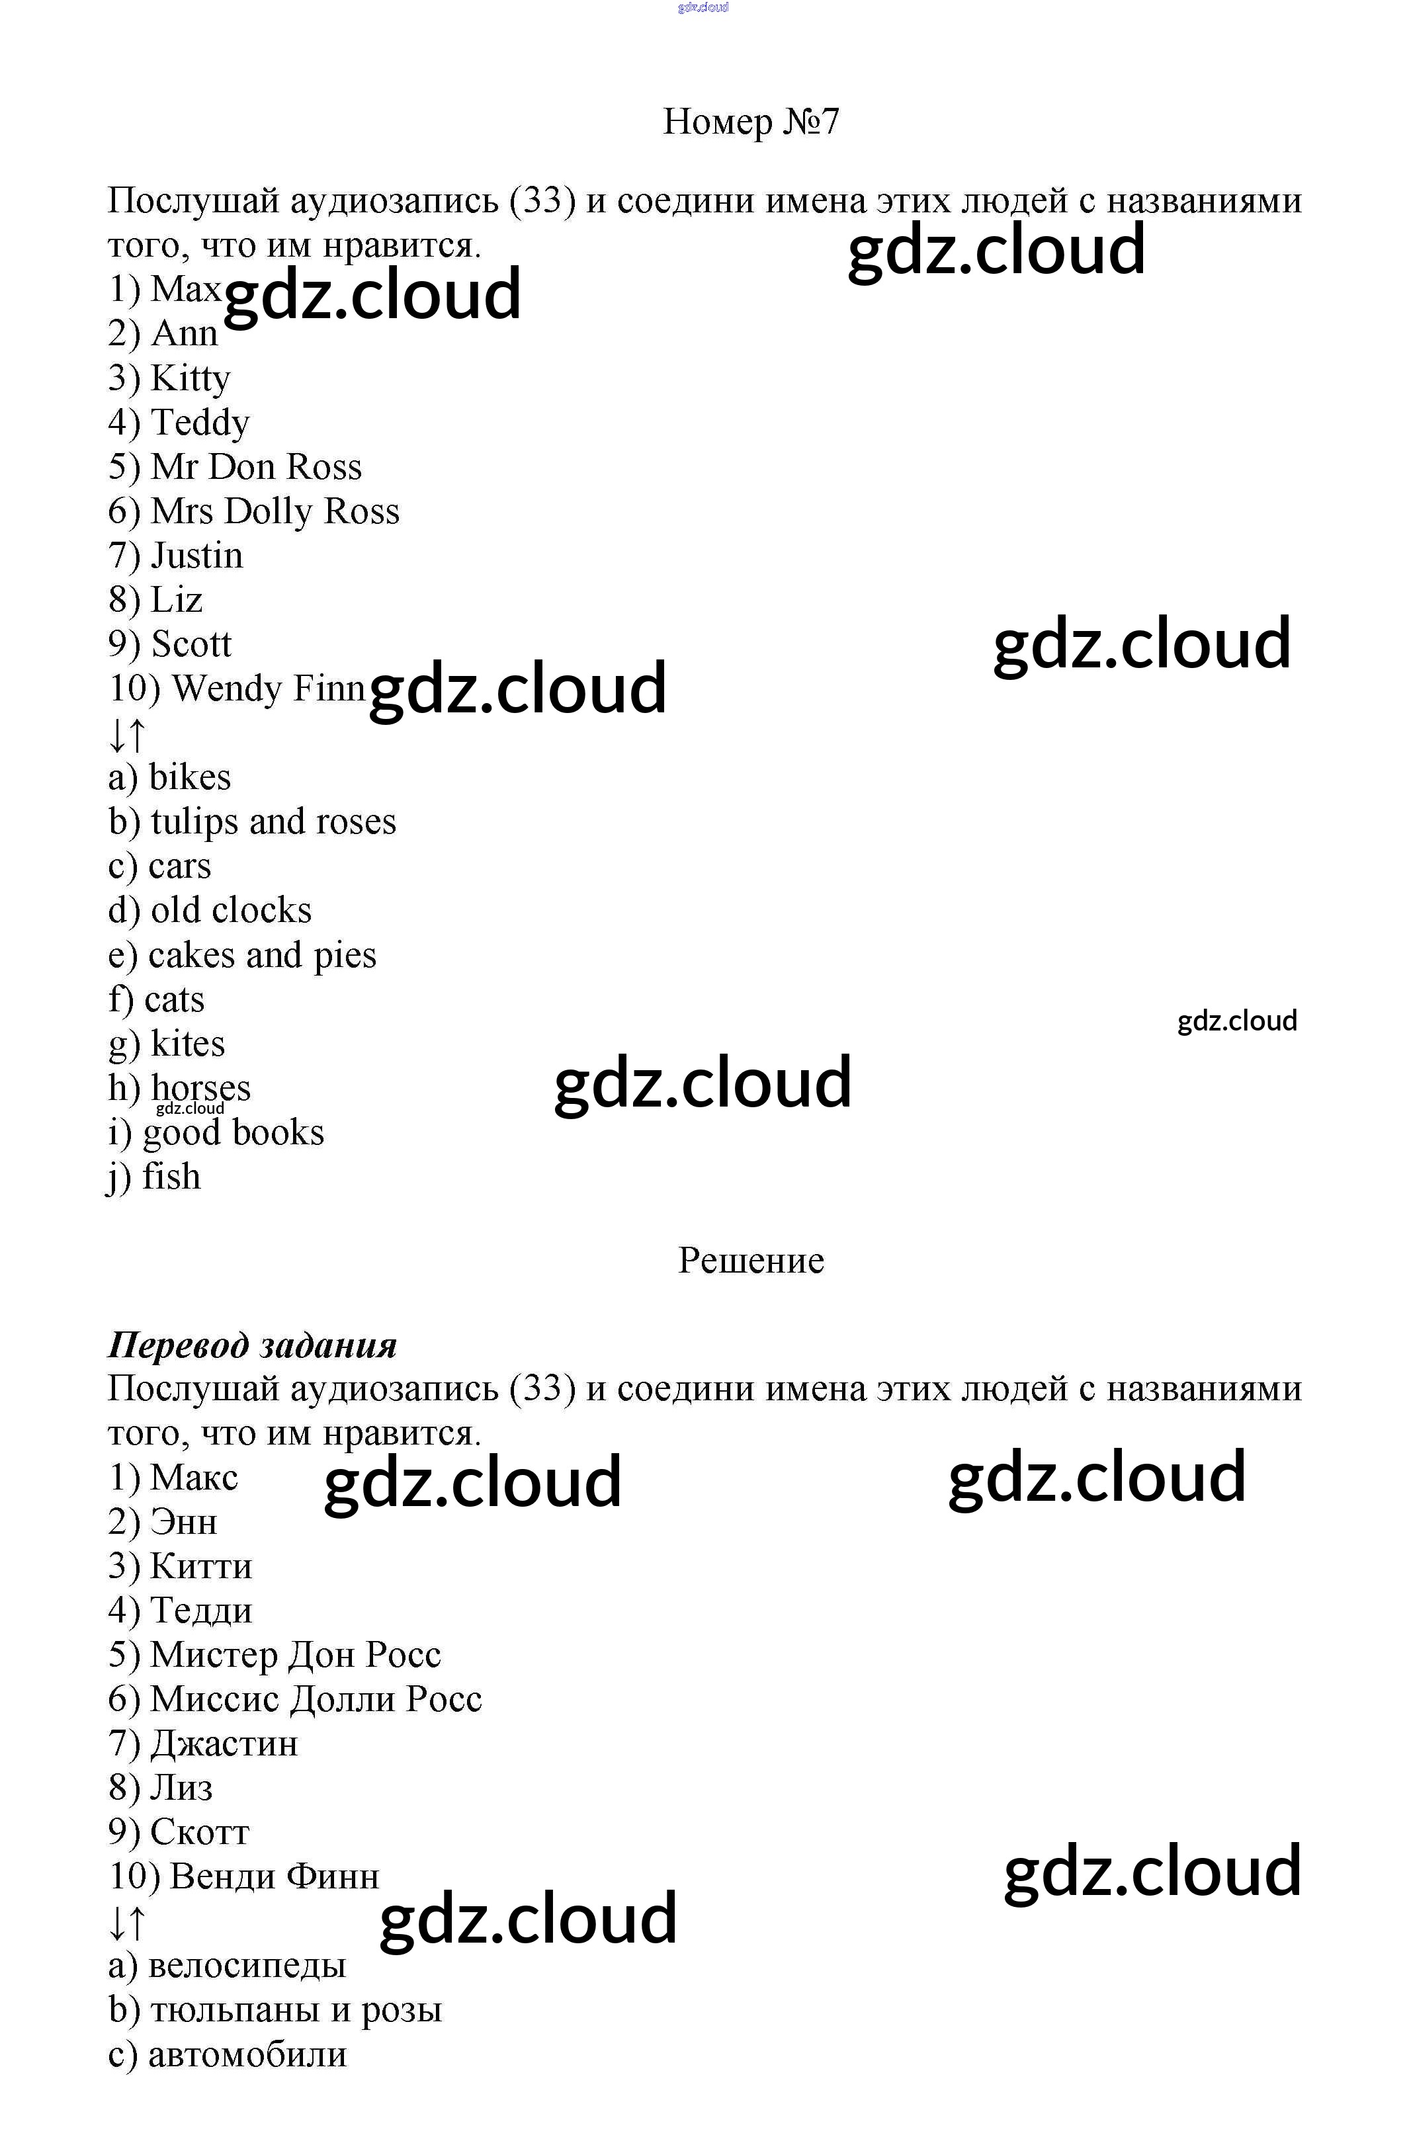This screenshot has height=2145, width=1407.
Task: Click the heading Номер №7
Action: [x=750, y=122]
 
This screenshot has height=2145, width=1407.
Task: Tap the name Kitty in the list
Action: [x=189, y=378]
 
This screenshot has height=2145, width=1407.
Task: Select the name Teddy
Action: [x=199, y=423]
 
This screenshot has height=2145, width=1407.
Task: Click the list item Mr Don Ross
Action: [x=255, y=467]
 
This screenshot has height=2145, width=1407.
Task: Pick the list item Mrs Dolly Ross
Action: [x=274, y=511]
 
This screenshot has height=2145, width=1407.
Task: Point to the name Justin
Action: [x=196, y=555]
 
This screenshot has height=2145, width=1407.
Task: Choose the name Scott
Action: [x=191, y=644]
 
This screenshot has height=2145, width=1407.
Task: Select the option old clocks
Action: [x=230, y=910]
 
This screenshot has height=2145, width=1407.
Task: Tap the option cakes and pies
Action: [x=261, y=955]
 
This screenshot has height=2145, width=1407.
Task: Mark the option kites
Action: [x=187, y=1044]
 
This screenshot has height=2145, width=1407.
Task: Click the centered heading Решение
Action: [x=750, y=1261]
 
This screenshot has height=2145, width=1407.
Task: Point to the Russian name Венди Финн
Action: [x=274, y=1876]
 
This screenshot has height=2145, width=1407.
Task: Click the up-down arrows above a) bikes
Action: [x=126, y=736]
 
